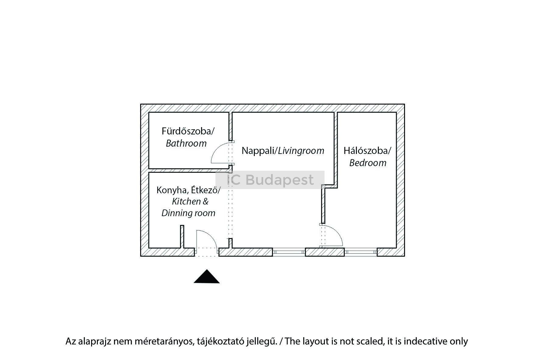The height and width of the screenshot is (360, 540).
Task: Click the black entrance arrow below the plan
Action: [x=207, y=277]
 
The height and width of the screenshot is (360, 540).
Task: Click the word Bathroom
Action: [x=186, y=143]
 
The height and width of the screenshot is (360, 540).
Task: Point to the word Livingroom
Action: [x=301, y=151]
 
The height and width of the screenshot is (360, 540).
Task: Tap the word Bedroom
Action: [x=368, y=163]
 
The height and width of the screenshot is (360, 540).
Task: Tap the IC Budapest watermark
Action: [x=270, y=180]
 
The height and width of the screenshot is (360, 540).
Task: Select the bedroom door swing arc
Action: [x=336, y=233]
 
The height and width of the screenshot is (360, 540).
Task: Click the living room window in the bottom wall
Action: [x=289, y=252]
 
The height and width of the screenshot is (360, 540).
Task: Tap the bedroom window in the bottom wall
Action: [x=361, y=252]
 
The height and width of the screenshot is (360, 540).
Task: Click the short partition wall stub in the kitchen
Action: [x=182, y=237]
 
